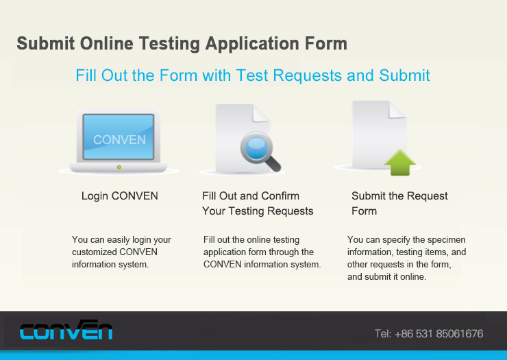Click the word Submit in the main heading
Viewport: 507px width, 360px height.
[x=46, y=43]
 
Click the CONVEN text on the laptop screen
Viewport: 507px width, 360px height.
[x=119, y=140]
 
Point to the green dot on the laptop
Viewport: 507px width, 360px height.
[x=119, y=167]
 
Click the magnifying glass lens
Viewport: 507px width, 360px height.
[x=256, y=148]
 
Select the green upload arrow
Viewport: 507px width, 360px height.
[x=400, y=163]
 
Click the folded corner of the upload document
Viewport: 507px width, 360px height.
[x=397, y=110]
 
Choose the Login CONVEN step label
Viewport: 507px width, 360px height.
[x=120, y=196]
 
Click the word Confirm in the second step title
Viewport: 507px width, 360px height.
[x=280, y=196]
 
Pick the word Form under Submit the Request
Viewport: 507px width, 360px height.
[x=364, y=211]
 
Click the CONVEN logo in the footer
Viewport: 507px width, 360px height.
[x=66, y=330]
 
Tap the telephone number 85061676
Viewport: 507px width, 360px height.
[x=460, y=334]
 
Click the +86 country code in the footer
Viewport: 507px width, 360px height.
[x=404, y=334]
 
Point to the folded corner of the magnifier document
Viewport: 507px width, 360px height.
[x=261, y=113]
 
